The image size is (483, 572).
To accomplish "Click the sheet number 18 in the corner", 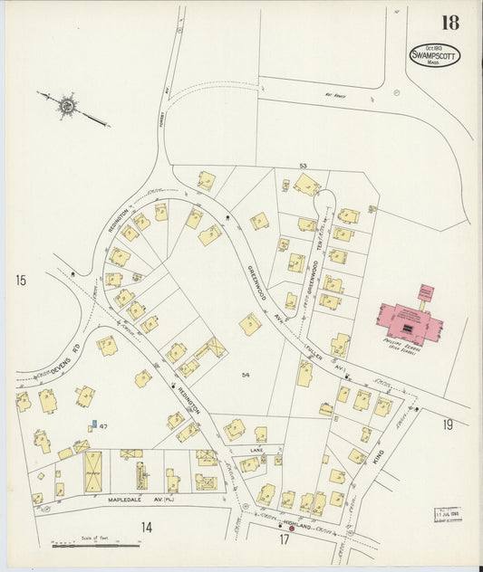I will [450, 24].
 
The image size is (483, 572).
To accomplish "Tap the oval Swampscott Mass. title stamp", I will [435, 55].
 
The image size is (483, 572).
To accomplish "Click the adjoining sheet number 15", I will [20, 281].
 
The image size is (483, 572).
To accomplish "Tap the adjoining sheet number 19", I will [448, 424].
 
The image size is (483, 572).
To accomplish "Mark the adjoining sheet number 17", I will [284, 540].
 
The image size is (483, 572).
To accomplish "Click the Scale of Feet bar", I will [95, 545].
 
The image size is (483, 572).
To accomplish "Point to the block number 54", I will [245, 375].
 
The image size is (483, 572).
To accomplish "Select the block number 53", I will [304, 166].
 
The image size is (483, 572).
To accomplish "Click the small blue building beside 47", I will [92, 425].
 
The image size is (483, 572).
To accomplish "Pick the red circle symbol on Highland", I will [292, 528].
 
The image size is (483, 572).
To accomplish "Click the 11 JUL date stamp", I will [447, 513].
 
